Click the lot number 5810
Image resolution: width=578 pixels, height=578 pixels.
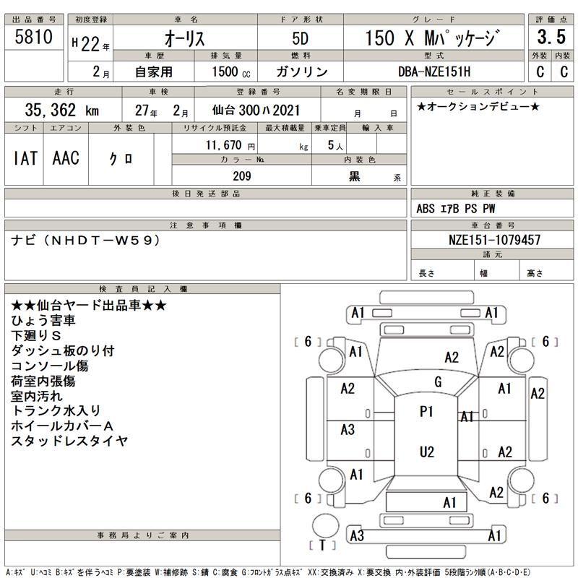(x=33, y=38)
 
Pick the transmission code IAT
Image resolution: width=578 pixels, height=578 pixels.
(x=25, y=158)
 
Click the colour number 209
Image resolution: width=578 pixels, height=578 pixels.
(x=241, y=176)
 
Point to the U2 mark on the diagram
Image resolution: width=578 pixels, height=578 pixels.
(x=427, y=452)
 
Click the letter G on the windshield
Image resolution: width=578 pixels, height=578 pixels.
(x=438, y=381)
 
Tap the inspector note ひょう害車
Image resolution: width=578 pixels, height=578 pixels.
(x=44, y=320)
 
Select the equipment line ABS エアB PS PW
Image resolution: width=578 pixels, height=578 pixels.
(x=456, y=209)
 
